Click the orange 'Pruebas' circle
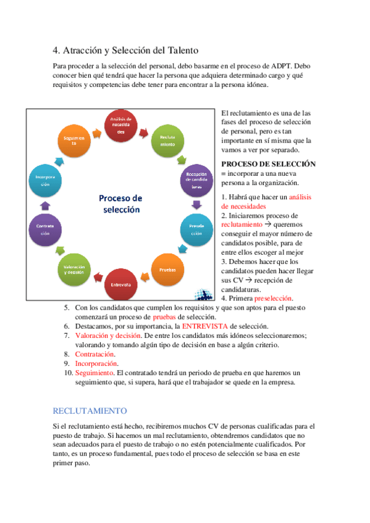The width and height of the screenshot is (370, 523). pos(167,270)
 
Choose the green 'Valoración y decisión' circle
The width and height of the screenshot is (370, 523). pos(74,270)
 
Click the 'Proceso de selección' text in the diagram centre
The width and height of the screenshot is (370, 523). pos(120,204)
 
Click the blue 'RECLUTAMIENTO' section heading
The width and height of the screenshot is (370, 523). pos(90,410)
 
